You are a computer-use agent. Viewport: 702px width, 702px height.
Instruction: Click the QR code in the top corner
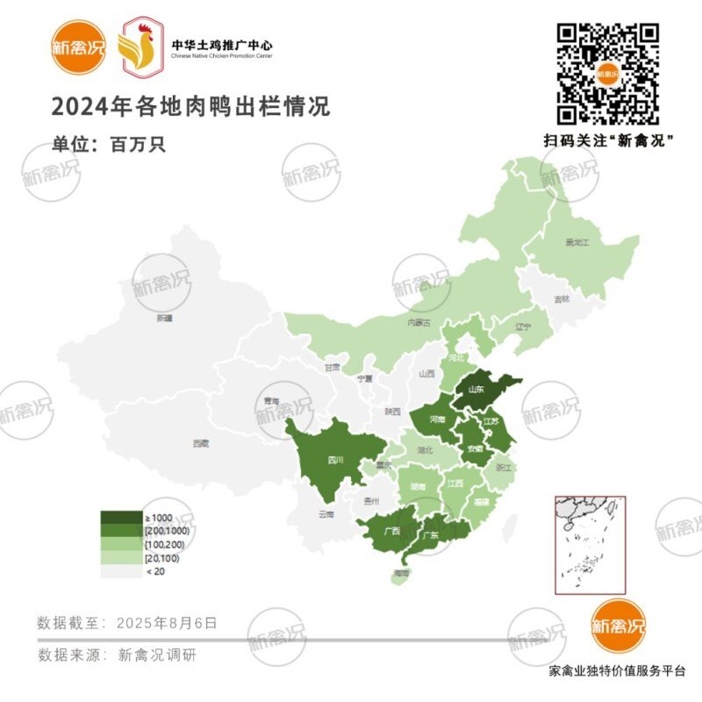609,74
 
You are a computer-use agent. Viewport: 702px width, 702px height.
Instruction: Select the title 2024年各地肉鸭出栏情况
190,107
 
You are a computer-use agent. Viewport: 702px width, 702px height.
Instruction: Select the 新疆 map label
164,318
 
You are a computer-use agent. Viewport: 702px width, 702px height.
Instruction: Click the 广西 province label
391,531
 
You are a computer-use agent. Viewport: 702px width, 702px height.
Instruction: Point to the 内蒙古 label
419,323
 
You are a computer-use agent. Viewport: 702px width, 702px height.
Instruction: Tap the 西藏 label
201,444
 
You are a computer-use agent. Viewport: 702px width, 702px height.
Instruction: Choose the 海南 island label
402,573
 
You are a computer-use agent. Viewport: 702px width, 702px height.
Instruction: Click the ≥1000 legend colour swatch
120,518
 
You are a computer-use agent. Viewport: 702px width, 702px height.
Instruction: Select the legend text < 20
154,571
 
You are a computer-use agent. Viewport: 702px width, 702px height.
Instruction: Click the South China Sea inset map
589,545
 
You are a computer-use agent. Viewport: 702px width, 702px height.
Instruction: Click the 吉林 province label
562,299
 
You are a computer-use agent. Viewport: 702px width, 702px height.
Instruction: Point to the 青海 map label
269,400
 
